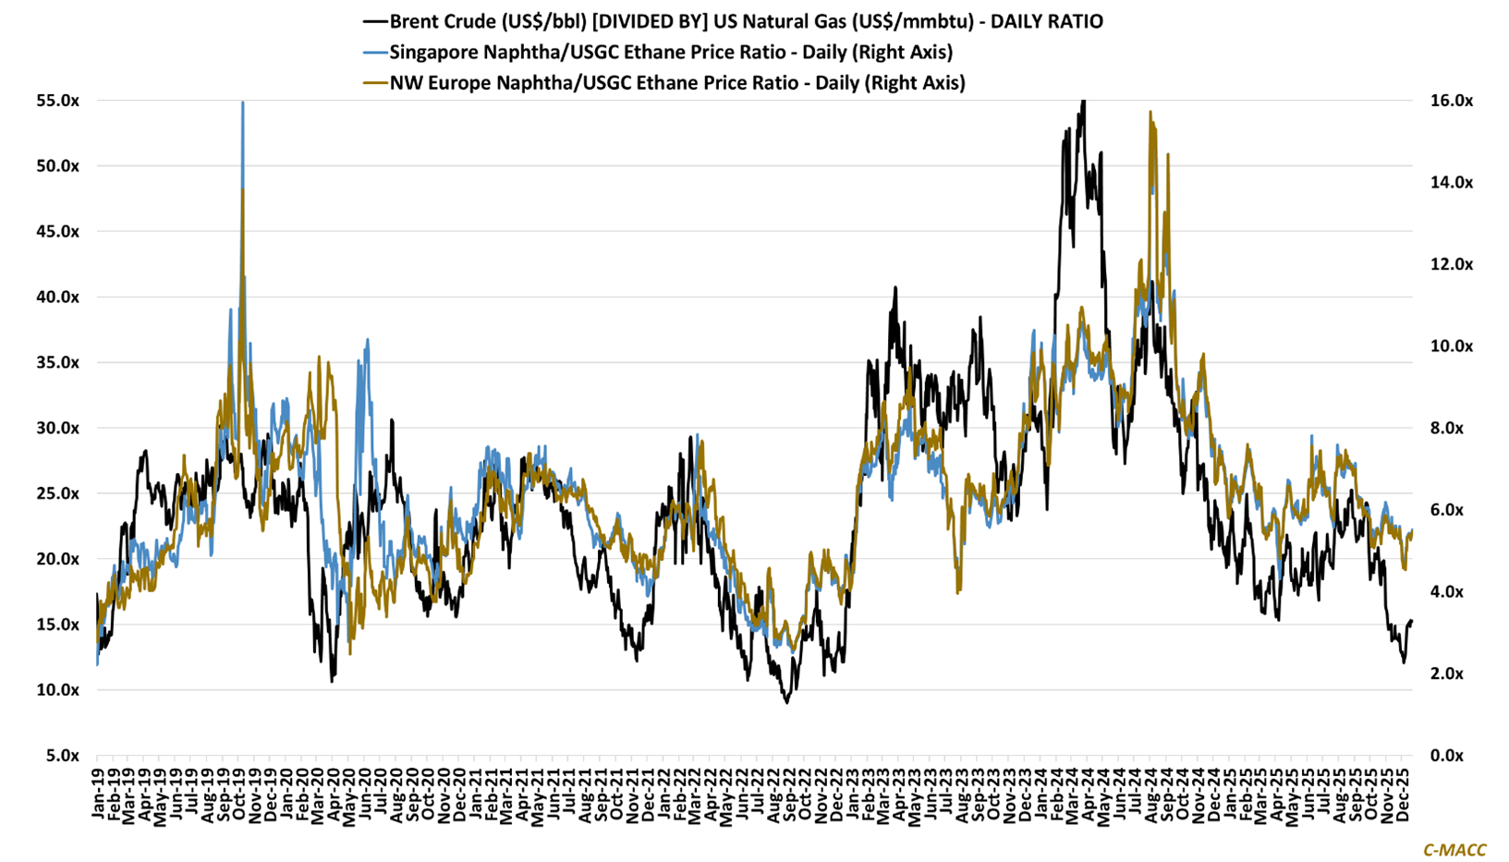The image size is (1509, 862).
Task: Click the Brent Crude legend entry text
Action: [x=746, y=21]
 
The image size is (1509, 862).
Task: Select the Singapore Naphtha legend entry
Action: [x=671, y=52]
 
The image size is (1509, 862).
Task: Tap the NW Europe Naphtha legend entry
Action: [x=677, y=82]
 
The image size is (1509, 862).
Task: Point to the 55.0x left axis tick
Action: [x=58, y=101]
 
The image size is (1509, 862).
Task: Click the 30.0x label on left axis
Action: [x=58, y=428]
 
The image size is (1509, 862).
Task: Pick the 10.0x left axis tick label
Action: [x=58, y=690]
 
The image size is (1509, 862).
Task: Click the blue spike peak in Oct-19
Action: [x=242, y=103]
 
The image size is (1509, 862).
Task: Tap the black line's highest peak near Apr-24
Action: [x=1083, y=102]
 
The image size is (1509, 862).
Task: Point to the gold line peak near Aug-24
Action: [x=1150, y=113]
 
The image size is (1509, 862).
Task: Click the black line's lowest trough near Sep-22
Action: [x=786, y=702]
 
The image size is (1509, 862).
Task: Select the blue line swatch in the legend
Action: [x=374, y=52]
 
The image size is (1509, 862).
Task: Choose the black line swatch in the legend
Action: [x=374, y=21]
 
